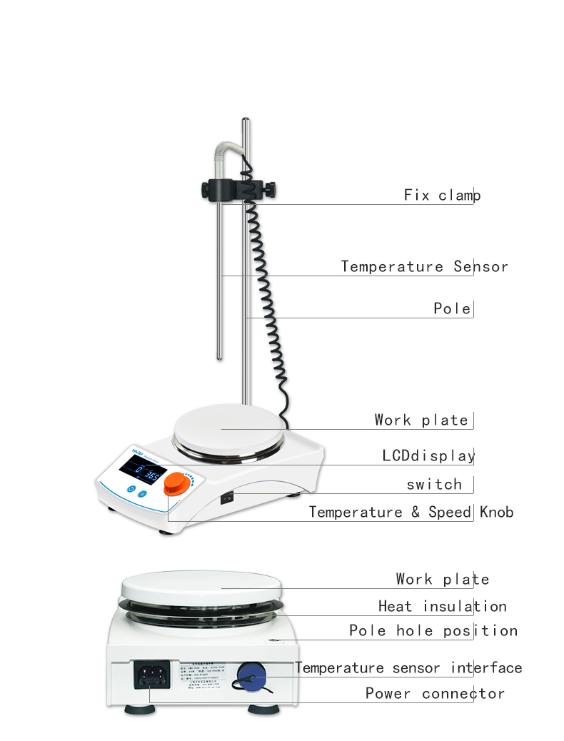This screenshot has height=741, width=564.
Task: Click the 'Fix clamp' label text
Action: (442, 195)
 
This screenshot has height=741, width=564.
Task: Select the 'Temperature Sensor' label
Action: (424, 266)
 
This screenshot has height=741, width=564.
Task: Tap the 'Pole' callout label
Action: (452, 308)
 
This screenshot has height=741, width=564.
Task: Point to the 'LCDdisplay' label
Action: (428, 455)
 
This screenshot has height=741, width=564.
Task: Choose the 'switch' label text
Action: (434, 484)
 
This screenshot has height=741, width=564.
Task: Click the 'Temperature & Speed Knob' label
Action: (411, 512)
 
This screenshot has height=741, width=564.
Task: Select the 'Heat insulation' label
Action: (442, 606)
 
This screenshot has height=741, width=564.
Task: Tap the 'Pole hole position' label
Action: (433, 630)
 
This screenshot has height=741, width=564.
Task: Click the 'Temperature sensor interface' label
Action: (408, 668)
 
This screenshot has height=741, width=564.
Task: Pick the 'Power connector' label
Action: (435, 693)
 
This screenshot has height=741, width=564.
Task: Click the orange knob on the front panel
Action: (174, 487)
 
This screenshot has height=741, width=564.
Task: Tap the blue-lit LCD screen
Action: (143, 470)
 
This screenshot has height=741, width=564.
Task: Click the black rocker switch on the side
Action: (227, 498)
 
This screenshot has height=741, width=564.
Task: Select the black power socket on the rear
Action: (151, 673)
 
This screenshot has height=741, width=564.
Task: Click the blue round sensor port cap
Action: (250, 672)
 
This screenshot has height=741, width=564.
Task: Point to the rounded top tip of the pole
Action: (245, 120)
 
